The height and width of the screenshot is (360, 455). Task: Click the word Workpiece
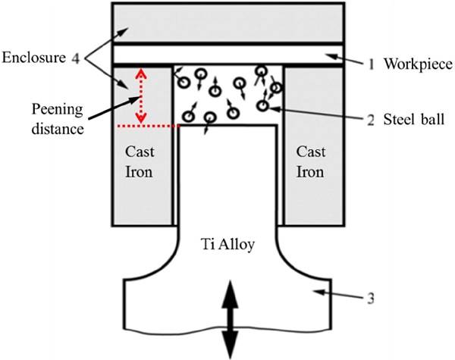(x=416, y=64)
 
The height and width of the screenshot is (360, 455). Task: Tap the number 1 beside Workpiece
(x=371, y=64)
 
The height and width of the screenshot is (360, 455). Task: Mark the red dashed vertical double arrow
(x=140, y=95)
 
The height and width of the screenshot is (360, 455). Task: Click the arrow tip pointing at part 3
(x=319, y=290)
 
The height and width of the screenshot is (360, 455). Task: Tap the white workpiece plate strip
(x=228, y=55)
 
